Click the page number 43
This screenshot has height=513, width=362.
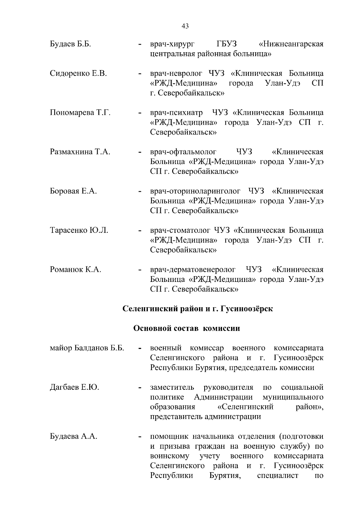[x=185, y=27]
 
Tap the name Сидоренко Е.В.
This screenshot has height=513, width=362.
[x=78, y=73]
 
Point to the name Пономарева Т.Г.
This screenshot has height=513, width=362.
[x=80, y=113]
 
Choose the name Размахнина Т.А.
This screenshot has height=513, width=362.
[x=80, y=152]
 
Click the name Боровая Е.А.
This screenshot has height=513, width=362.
[x=73, y=191]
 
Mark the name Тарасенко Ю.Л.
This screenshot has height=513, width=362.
[x=79, y=230]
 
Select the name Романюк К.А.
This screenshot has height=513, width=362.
[x=75, y=269]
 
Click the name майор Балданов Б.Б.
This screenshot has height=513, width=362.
[x=87, y=348]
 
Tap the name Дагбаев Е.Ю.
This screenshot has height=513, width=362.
[x=74, y=387]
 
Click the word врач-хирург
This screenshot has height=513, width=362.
[x=172, y=44]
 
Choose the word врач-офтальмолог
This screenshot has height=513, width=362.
[x=183, y=152]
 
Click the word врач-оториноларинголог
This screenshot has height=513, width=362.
[x=195, y=191]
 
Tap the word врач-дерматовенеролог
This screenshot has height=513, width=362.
[x=193, y=269]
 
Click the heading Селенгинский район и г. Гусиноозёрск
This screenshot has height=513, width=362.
[x=198, y=309]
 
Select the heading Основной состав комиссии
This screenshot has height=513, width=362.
[x=187, y=328]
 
